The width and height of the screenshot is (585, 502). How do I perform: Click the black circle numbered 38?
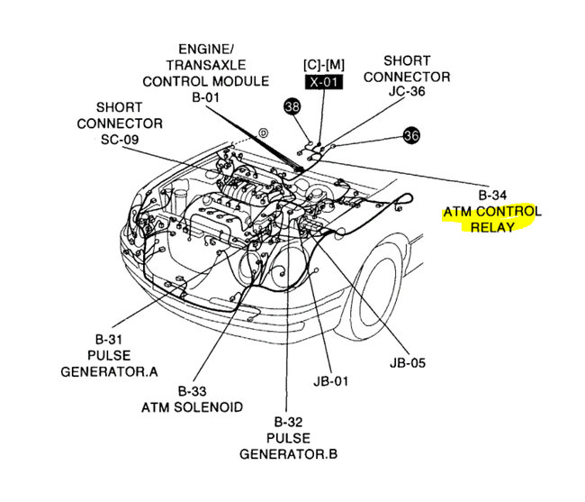coord(291,105)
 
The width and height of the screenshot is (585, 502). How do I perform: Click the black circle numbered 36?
coord(411,135)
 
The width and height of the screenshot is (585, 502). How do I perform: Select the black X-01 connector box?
coord(320,80)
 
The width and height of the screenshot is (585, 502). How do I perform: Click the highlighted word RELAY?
coord(491,227)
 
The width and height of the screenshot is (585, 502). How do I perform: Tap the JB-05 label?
coord(409,362)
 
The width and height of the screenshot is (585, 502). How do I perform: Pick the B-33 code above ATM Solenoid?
coord(192,390)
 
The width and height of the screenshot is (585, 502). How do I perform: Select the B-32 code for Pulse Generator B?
coord(289,421)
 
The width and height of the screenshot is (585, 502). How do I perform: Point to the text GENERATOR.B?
coord(289,453)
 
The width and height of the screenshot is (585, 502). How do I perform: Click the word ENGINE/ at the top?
coord(206,50)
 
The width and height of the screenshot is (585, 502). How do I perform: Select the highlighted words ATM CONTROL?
coord(492,211)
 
